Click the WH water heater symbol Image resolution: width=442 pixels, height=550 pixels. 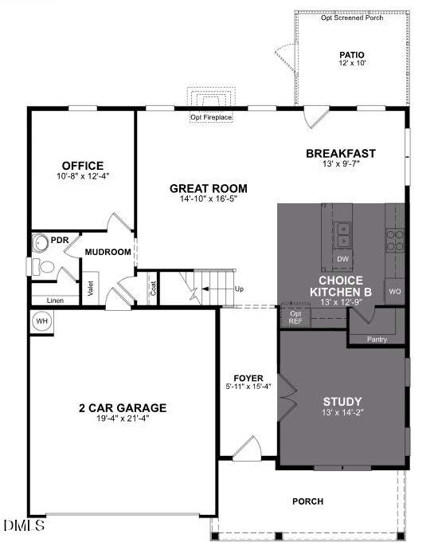click(41, 321)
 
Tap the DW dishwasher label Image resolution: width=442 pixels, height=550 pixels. click(343, 260)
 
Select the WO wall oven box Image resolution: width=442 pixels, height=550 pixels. click(395, 292)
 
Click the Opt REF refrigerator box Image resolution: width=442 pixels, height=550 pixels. click(295, 316)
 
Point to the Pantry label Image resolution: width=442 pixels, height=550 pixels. click(377, 340)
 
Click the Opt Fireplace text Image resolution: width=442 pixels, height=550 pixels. click(211, 118)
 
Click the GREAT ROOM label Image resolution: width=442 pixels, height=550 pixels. click(208, 188)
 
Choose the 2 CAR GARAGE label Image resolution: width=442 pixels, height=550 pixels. click(122, 407)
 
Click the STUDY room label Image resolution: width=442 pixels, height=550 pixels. click(342, 401)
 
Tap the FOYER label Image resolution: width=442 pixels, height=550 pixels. click(248, 377)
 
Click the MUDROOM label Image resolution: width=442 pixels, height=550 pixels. click(108, 252)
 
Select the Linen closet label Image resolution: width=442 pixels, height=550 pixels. click(55, 300)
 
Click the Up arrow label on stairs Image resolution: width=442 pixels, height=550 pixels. click(239, 289)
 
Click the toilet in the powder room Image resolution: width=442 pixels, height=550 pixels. click(46, 267)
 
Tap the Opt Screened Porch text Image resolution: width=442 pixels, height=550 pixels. click(351, 18)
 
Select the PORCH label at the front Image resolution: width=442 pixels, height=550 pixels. click(307, 501)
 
